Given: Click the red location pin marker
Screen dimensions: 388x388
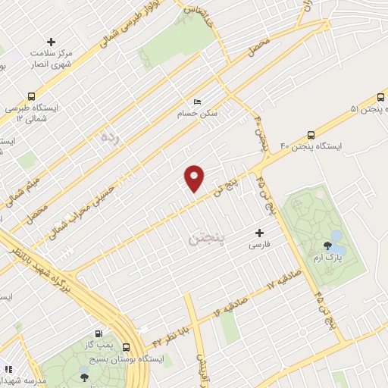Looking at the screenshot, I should click(195, 178).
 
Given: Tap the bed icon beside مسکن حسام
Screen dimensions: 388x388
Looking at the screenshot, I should click(198, 102).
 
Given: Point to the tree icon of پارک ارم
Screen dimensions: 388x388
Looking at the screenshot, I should click(327, 245).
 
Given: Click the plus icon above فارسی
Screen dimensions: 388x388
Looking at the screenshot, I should click(260, 233).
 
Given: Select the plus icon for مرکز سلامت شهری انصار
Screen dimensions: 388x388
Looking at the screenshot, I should click(51, 41).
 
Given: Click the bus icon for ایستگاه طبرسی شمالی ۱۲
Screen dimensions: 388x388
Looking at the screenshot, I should click(30, 96).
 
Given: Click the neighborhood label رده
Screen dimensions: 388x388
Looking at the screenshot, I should click(110, 137).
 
